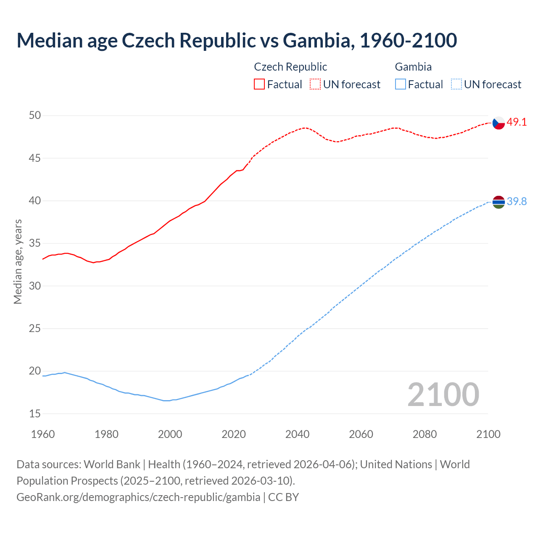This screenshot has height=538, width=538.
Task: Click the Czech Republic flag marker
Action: point(498,123)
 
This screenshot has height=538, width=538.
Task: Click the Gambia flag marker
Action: point(498,202)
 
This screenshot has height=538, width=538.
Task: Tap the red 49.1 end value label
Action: point(517,122)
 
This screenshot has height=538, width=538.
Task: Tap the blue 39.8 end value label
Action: point(517,202)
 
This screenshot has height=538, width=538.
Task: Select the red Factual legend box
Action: point(259,84)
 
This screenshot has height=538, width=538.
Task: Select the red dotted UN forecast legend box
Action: point(315,84)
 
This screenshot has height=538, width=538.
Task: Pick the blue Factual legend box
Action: point(401,84)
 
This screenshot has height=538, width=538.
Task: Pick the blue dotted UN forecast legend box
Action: point(456,84)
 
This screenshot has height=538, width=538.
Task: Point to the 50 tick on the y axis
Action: point(35,116)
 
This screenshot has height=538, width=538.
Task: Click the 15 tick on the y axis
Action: point(35,414)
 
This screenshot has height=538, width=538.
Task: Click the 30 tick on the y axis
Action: point(35,286)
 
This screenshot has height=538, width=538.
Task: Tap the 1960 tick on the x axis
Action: point(43,434)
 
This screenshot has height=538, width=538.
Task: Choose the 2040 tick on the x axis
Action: point(297,434)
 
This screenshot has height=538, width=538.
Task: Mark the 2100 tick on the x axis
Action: point(488,434)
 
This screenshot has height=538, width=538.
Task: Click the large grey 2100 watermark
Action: point(443,394)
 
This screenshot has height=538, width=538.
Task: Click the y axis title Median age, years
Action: point(18,261)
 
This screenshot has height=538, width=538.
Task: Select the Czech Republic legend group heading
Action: point(290,67)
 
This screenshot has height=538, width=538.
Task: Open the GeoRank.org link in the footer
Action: point(138,497)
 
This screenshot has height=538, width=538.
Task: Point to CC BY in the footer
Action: point(284,497)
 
